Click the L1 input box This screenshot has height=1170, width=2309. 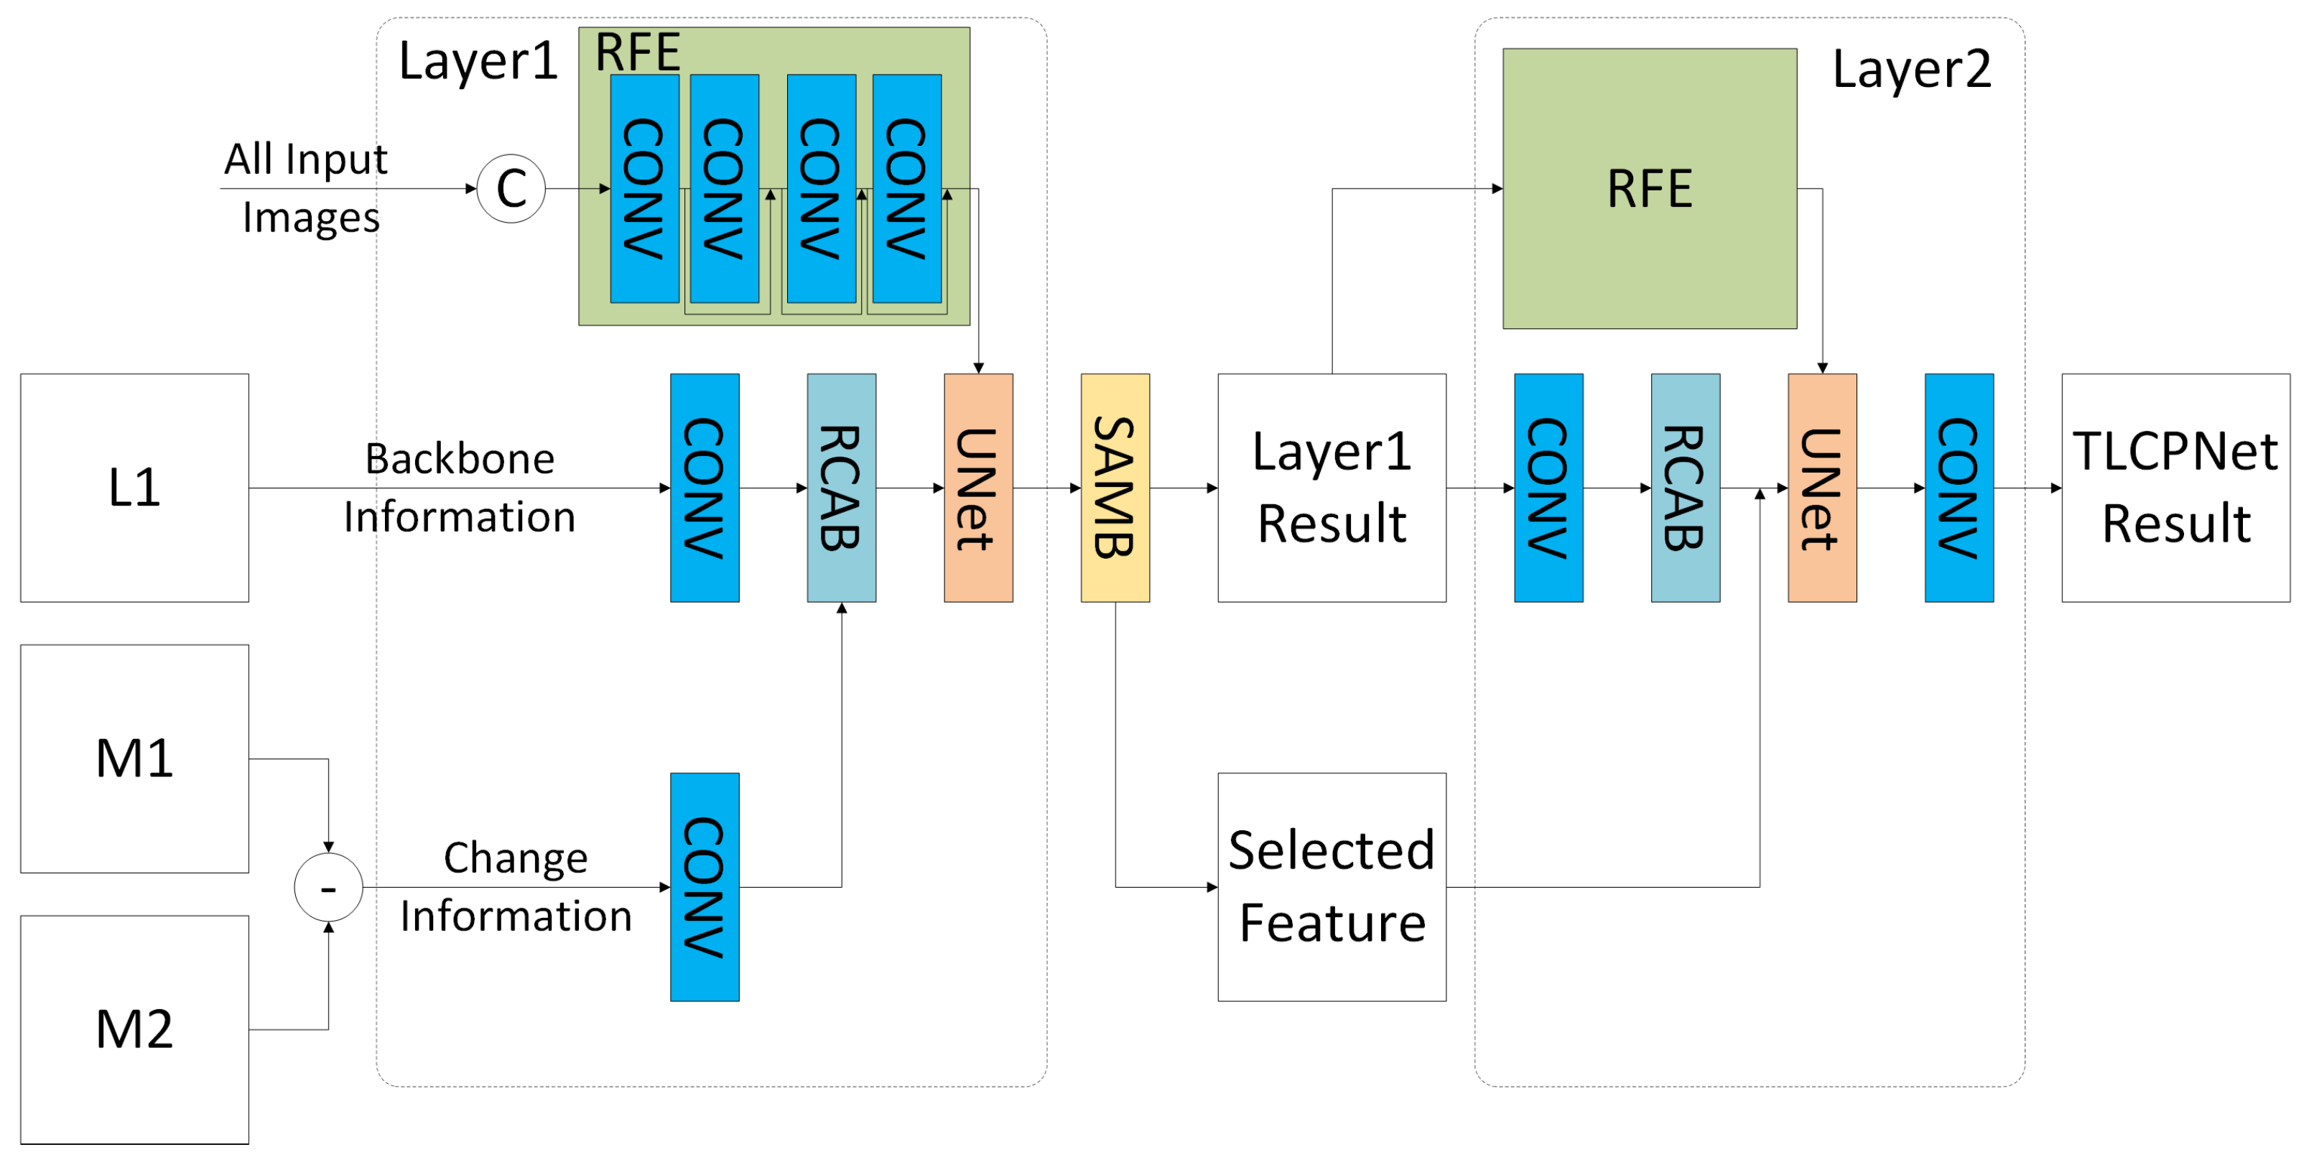[x=134, y=488]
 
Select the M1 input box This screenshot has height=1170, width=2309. [x=134, y=758]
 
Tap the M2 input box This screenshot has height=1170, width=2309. [x=134, y=1029]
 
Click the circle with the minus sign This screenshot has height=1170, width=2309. [x=328, y=888]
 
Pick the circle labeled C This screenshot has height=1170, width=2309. [x=511, y=188]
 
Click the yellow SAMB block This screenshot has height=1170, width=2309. [x=1115, y=488]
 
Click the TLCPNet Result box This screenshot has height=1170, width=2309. [x=2175, y=488]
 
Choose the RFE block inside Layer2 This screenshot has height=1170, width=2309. [x=1649, y=188]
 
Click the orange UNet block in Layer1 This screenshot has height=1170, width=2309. [x=978, y=488]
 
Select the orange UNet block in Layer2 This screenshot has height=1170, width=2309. [x=1821, y=488]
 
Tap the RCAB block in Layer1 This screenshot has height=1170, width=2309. [x=841, y=488]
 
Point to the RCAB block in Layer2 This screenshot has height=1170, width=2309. [x=1685, y=488]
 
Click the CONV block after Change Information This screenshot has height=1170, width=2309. [x=705, y=887]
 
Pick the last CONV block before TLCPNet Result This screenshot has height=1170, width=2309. [x=1959, y=488]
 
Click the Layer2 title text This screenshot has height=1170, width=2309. [x=1911, y=69]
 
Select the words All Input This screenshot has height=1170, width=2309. [x=306, y=159]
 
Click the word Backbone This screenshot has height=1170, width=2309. [x=460, y=459]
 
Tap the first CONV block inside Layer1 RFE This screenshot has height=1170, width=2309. [x=644, y=188]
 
